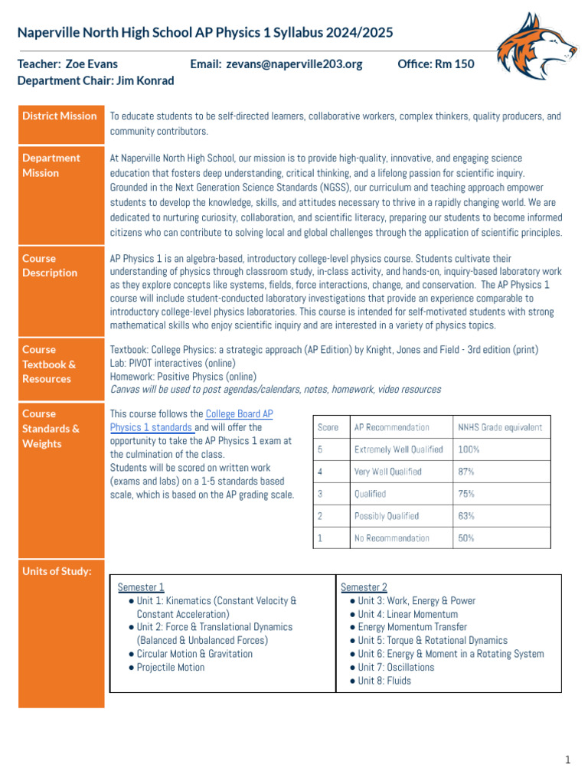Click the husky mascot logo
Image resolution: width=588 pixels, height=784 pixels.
click(535, 51)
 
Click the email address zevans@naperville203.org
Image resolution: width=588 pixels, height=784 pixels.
click(294, 64)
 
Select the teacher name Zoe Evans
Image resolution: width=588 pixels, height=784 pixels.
click(91, 64)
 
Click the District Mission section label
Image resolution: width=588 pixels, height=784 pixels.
click(60, 116)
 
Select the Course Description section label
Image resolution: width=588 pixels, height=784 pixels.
click(50, 266)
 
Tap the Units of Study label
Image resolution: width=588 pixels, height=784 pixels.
click(57, 571)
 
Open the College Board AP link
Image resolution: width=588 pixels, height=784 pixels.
click(239, 414)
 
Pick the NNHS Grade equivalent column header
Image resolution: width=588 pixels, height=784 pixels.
click(499, 427)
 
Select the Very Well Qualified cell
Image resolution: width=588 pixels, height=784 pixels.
click(387, 472)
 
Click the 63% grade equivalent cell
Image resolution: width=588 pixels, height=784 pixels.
click(466, 516)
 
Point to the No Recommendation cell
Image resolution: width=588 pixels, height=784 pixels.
click(391, 538)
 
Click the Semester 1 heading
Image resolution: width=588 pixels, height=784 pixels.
click(141, 587)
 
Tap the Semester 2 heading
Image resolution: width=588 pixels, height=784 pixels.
click(364, 587)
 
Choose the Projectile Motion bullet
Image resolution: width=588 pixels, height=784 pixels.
click(170, 667)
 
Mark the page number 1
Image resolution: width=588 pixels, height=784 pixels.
click(567, 759)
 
